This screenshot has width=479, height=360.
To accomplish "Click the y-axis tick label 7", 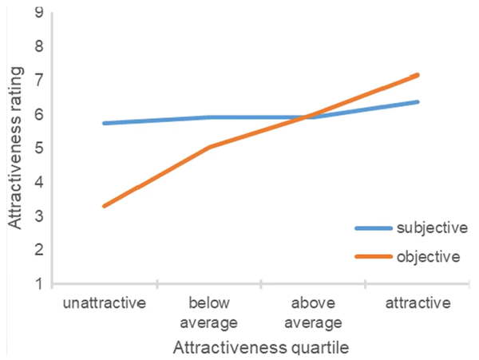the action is [x=39, y=81].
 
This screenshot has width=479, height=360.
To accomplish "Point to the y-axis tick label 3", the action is [x=39, y=216].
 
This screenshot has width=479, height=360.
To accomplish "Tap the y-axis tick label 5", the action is [x=39, y=148].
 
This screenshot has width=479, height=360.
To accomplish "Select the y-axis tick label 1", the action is [x=39, y=284].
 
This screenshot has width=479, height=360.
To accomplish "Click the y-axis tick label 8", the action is [x=39, y=47].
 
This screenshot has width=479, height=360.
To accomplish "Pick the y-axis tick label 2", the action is [x=39, y=250].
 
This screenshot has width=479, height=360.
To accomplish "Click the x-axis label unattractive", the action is [x=105, y=303].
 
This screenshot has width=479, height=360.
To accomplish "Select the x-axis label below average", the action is [x=209, y=313].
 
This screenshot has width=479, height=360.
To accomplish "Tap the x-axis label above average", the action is [x=314, y=313].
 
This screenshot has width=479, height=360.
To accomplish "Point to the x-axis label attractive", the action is [x=418, y=303].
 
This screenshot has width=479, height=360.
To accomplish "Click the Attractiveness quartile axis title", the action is [x=261, y=347].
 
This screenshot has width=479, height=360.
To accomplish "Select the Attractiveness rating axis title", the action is [x=15, y=148].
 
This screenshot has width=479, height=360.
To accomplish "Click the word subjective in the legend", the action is [x=432, y=228].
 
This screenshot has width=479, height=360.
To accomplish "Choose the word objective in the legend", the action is [x=428, y=256].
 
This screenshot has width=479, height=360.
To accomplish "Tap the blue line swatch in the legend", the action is [x=374, y=228].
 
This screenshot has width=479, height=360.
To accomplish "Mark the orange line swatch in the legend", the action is [x=374, y=256].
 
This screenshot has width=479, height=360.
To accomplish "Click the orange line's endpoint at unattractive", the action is [x=105, y=206].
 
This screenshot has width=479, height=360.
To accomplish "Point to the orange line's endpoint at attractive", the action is [x=418, y=75].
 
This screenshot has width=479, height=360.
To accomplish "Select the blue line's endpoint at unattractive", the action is [x=105, y=124].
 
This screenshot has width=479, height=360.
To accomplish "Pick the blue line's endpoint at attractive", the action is [x=418, y=101].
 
